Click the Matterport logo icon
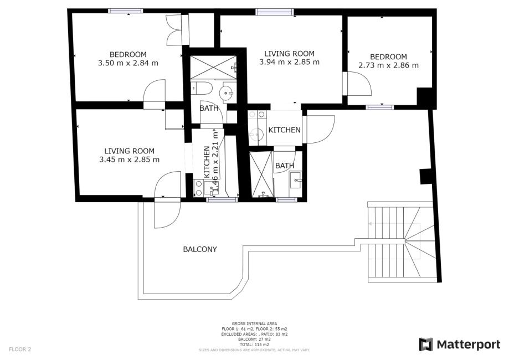coord(425,344)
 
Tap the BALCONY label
coord(200,249)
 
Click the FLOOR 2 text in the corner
coord(20,349)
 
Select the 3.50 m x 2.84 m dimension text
coord(128,63)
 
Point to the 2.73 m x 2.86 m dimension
coord(388,65)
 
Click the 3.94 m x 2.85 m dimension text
coord(289,62)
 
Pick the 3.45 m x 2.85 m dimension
coord(129,160)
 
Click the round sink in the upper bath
coord(227,93)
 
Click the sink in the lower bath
coord(296,179)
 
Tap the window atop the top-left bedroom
coord(125,11)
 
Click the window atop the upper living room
coord(274,12)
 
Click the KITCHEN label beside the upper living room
coord(284,130)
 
